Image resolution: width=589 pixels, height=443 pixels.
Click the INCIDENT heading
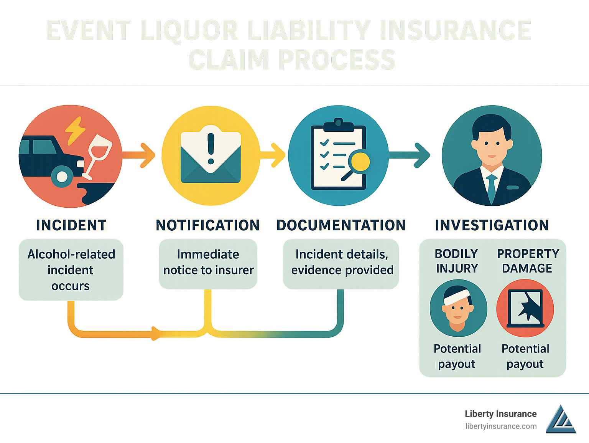[71, 225]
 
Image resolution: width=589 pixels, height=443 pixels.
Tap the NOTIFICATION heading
[207, 225]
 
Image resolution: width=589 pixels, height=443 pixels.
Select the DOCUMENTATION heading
[341, 225]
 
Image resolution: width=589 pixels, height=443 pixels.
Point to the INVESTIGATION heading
[492, 225]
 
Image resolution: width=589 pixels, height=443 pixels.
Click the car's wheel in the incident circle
[62, 177]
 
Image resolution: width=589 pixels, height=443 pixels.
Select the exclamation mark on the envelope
[211, 148]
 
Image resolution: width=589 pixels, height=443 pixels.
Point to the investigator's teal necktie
[491, 188]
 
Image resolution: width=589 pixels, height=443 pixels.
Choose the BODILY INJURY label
[457, 261]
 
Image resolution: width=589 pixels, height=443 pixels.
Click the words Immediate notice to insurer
[208, 262]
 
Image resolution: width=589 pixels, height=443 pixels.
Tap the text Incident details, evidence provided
[342, 262]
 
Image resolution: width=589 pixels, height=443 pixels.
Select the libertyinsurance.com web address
[501, 426]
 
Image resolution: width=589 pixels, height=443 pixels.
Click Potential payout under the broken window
[525, 356]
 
